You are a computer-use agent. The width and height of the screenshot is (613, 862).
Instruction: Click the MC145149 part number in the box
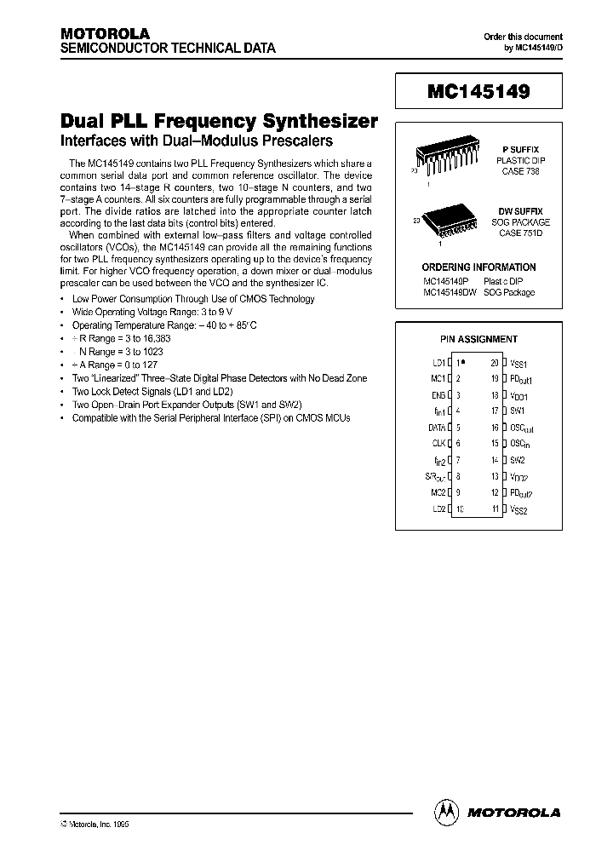477,91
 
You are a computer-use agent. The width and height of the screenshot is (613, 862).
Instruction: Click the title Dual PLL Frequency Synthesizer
219,121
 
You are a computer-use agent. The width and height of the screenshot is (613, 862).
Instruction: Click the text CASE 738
519,171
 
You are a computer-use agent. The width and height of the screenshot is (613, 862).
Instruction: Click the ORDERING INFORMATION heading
478,267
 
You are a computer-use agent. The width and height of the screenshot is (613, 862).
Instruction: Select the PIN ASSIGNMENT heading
478,339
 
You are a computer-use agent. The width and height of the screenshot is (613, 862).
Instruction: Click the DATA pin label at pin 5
436,428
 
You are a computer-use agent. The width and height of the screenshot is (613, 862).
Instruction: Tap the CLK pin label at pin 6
438,444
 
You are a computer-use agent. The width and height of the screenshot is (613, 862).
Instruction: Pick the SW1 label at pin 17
517,411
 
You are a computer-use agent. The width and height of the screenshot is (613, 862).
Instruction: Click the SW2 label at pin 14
517,460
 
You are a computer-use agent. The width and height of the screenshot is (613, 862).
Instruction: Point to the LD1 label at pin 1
438,363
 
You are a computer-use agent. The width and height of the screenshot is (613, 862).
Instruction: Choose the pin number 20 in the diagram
494,363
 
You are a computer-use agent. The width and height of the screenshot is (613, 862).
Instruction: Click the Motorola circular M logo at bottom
446,812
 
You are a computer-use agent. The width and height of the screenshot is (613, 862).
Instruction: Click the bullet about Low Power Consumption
193,299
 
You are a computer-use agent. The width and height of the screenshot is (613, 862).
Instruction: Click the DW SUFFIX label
519,210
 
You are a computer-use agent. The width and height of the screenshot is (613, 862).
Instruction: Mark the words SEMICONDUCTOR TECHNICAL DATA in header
168,49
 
